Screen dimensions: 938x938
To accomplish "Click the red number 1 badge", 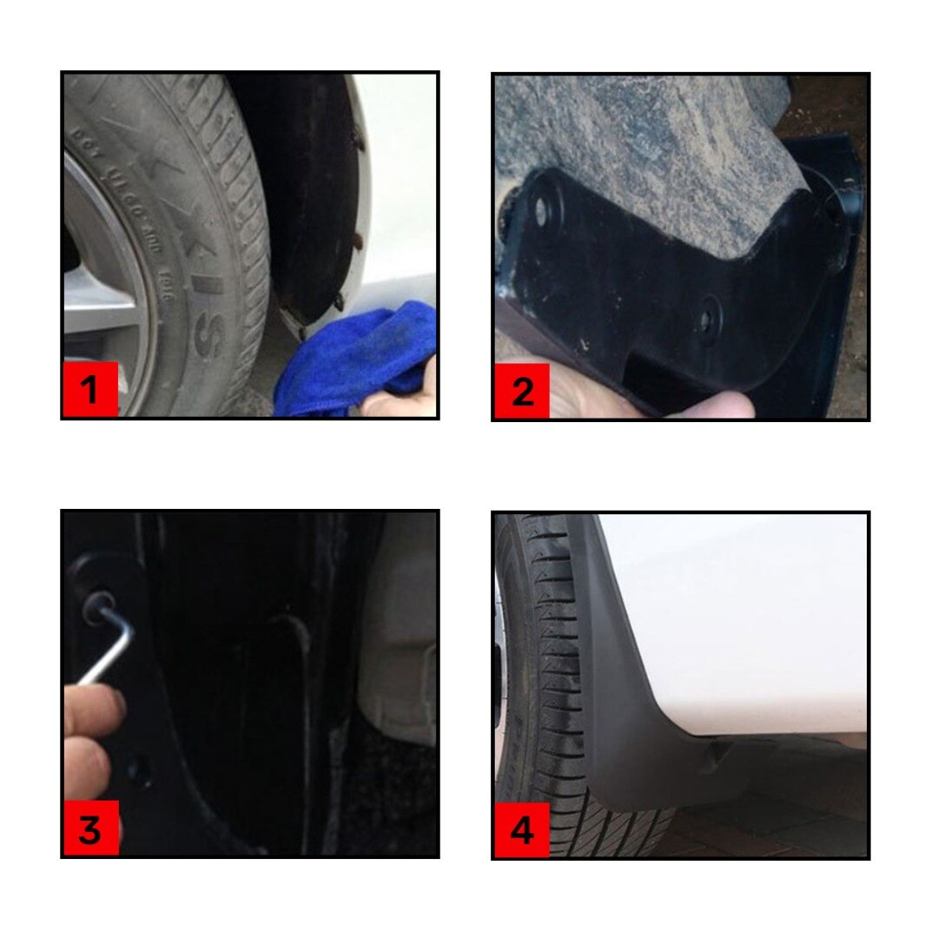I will pos(90,391).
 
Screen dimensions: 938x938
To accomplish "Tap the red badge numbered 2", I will pos(522,392).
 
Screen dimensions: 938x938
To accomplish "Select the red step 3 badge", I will pos(90,829).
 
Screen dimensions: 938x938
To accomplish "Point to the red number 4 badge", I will pos(522,830).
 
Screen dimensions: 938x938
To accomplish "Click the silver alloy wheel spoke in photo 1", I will pos(100,300).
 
